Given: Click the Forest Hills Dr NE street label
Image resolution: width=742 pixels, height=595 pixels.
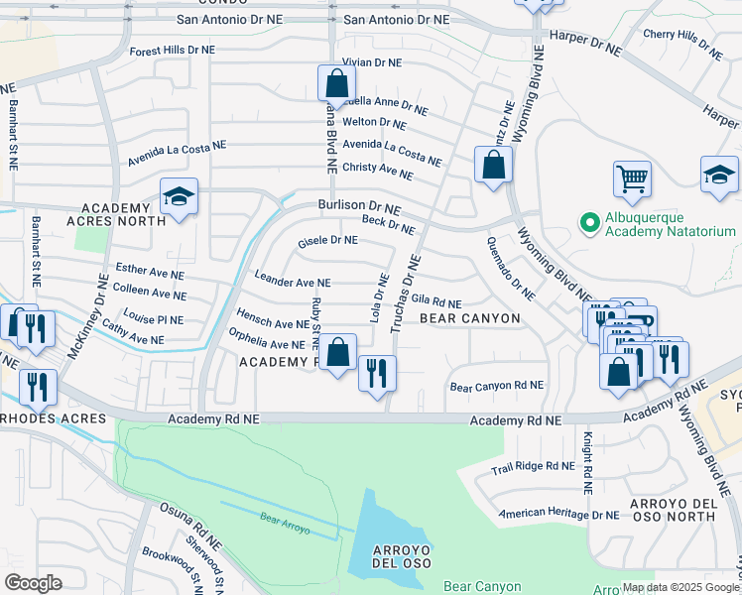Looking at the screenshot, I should click(172, 50).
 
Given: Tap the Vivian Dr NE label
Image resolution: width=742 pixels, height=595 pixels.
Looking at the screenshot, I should click(371, 61).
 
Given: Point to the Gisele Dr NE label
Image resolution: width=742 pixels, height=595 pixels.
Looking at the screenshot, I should click(327, 241).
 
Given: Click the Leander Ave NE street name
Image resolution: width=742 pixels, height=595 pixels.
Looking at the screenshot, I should click(293, 282).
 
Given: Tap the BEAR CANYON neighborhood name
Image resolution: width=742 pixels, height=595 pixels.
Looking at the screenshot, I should click(469, 318).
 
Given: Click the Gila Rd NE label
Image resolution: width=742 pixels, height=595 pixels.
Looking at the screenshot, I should click(436, 302).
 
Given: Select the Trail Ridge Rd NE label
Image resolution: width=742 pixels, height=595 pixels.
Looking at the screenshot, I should click(534, 465).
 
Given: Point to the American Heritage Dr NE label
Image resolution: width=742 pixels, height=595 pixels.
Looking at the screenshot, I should click(558, 514).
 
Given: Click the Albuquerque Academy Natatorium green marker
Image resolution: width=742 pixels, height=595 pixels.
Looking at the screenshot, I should click(589, 221).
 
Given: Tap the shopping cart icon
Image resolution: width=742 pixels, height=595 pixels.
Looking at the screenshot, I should click(632, 179).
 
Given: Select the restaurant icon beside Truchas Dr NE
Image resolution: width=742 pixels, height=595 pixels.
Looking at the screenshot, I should click(377, 373).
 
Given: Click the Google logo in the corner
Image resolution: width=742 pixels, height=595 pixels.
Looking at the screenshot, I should click(33, 582).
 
